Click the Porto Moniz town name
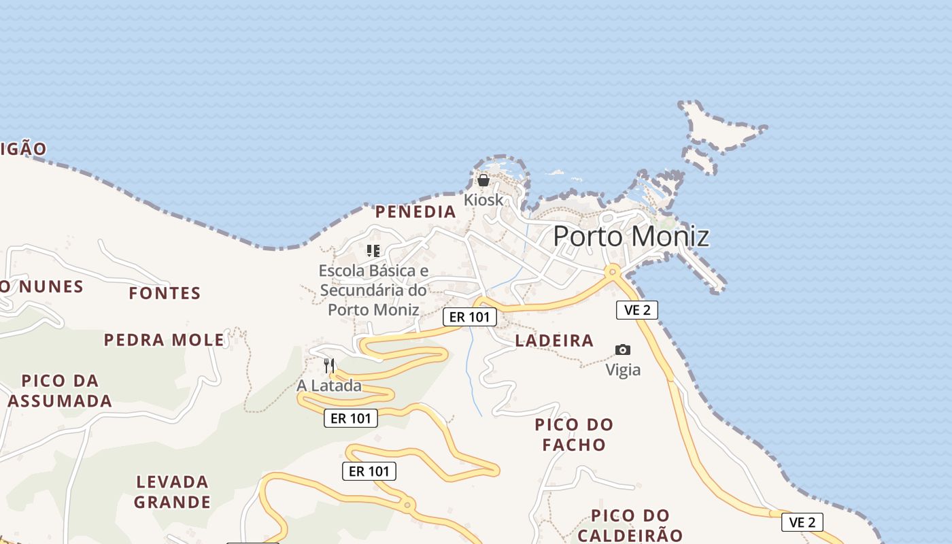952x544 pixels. coord(631,236)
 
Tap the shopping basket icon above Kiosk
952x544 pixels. coord(483,180)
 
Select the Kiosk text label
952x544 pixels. coord(484,200)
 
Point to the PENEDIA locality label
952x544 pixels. coord(415,212)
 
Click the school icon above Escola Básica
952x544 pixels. coord(373,251)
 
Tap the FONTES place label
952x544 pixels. coord(165,294)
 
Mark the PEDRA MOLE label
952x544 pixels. coord(164,340)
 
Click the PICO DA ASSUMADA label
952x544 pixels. coord(60,390)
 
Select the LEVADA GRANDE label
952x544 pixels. coord(172,492)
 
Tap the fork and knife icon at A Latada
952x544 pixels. coord(330,366)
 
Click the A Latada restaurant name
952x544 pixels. coord(329,386)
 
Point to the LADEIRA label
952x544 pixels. coord(554,341)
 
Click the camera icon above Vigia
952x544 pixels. coord(623,350)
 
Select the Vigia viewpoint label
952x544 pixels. coord(623,370)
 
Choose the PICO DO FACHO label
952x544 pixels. coord(574,435)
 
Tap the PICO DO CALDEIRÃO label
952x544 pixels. coord(630,525)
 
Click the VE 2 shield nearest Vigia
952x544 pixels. coord(637,310)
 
